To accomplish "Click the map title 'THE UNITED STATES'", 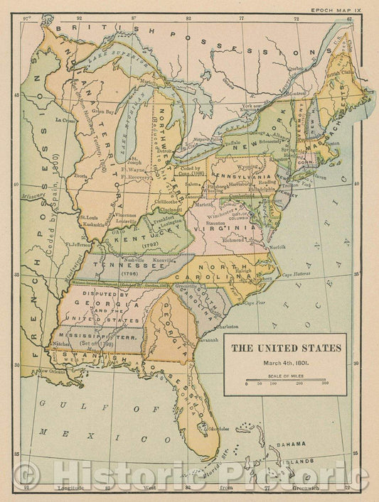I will (289, 349).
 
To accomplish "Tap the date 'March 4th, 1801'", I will (288, 362).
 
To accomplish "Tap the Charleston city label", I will (228, 326).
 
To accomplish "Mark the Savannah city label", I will (208, 339).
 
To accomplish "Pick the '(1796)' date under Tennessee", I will (129, 273).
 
